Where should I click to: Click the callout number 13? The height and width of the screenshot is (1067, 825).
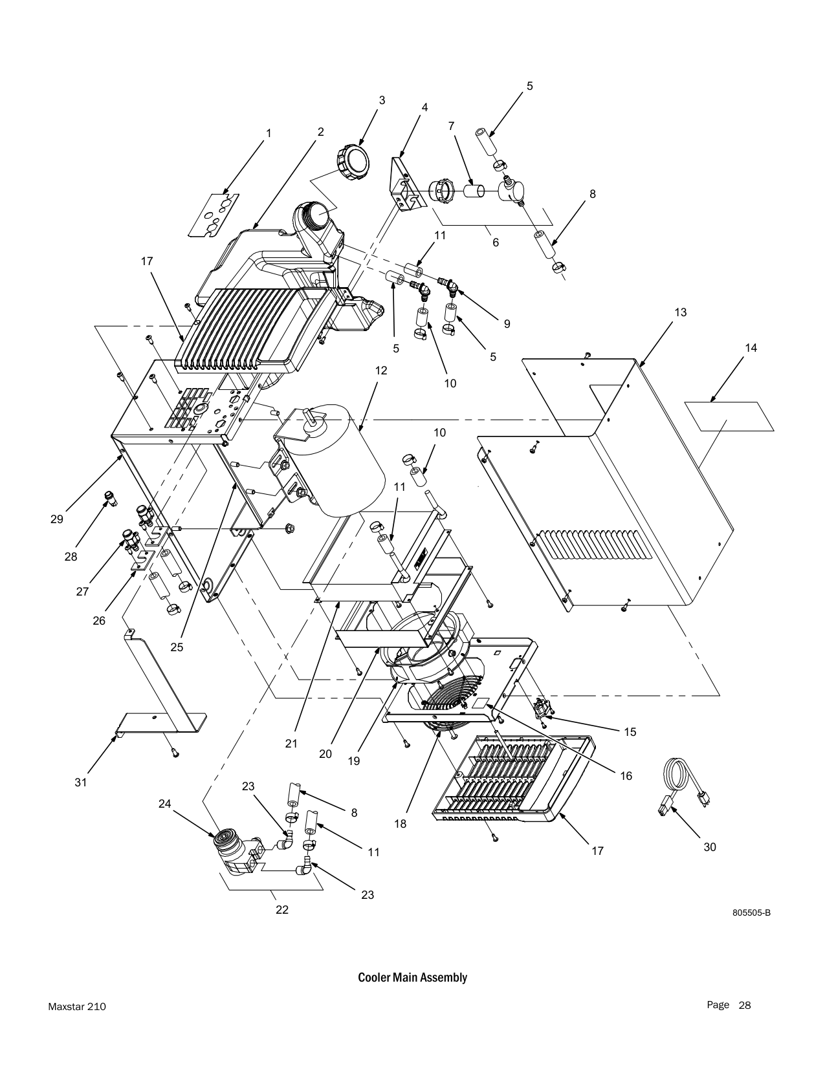coord(679,312)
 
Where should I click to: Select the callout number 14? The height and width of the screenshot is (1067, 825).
coord(751,348)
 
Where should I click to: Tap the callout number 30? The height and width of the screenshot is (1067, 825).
coord(710,846)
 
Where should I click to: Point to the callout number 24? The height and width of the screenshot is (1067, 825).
coord(165,804)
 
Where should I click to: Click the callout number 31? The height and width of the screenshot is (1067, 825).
coord(80,782)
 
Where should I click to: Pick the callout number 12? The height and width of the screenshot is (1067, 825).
coord(380,371)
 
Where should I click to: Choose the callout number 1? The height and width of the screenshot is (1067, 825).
coord(268,133)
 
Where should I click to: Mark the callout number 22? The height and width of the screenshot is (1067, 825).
coord(281,909)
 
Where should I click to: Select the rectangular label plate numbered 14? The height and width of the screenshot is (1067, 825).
coord(729,416)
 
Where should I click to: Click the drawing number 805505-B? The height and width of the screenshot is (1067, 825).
coord(751,913)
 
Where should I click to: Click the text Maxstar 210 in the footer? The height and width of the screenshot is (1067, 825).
coord(77,1007)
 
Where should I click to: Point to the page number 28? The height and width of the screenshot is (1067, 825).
coord(745,1005)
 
